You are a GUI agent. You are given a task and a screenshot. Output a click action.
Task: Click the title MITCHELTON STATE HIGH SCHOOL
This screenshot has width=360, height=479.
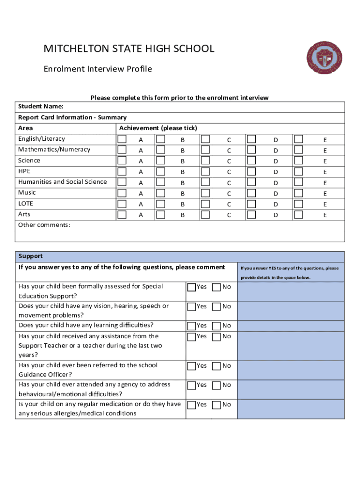pos(129,49)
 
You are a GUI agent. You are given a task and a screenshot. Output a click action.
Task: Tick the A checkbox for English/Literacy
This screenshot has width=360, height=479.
pos(122,139)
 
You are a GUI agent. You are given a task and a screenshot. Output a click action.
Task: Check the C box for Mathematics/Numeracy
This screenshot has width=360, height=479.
pos(205,150)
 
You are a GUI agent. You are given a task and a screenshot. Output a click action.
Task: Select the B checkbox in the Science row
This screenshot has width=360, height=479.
pos(160,160)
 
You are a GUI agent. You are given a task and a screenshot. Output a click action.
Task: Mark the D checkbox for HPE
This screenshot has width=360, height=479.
pos(252,171)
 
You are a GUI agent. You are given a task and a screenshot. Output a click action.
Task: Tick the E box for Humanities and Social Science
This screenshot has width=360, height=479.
pos(298,182)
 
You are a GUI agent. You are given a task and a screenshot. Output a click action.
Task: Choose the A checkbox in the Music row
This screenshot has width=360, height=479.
pos(122,193)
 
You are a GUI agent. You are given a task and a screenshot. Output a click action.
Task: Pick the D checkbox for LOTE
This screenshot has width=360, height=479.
pos(252,203)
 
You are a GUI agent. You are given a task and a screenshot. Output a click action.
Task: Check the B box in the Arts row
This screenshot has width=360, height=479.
pos(160,214)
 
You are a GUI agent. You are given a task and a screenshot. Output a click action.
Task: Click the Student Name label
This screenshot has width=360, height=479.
pos(41,107)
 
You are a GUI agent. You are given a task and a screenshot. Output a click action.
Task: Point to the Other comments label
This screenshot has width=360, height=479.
pos(44,225)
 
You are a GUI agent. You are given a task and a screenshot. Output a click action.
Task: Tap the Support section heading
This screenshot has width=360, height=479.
pos(30,256)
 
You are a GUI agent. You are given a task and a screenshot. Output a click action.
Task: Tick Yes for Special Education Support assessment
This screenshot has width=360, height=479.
pos(192,287)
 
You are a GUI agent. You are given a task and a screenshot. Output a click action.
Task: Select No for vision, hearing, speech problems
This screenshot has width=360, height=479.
pos(217,306)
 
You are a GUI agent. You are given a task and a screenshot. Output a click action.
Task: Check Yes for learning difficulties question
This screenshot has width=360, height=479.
pos(192,326)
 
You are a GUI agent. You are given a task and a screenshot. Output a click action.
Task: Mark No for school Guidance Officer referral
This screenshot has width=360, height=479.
pos(217,366)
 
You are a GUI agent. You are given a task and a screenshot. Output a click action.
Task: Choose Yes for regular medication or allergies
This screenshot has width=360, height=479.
pos(192,405)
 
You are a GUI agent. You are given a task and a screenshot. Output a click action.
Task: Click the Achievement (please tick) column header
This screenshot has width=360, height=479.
pos(158,128)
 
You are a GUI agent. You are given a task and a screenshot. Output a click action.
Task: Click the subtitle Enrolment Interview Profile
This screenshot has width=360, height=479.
pos(98,69)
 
